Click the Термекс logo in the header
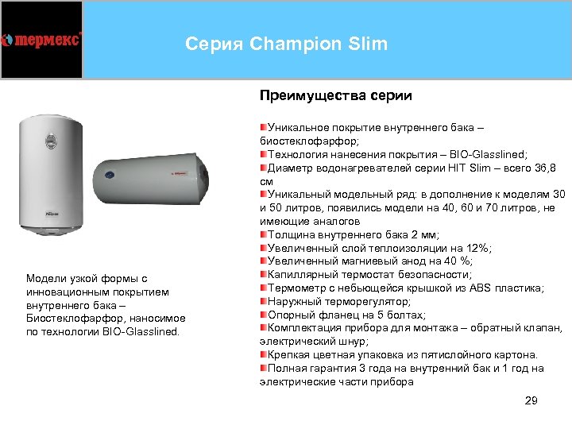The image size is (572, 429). click(x=42, y=40)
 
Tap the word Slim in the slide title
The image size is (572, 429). click(x=367, y=44)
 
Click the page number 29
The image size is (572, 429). click(x=531, y=400)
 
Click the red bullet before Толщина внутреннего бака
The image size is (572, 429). click(x=263, y=234)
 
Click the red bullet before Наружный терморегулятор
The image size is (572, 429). click(x=263, y=302)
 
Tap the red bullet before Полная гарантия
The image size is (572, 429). click(x=263, y=369)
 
